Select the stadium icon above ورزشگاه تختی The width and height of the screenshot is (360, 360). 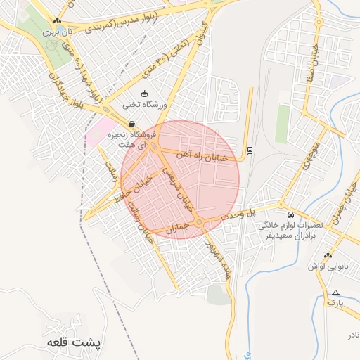pyautogui.click(x=145, y=94)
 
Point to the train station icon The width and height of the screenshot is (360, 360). pyautogui.click(x=250, y=150)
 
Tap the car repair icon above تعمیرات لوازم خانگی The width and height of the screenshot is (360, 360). pyautogui.click(x=290, y=214)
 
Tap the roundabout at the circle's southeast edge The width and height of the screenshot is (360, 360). pyautogui.click(x=200, y=223)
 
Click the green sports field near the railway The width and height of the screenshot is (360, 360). pyautogui.click(x=283, y=124)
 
